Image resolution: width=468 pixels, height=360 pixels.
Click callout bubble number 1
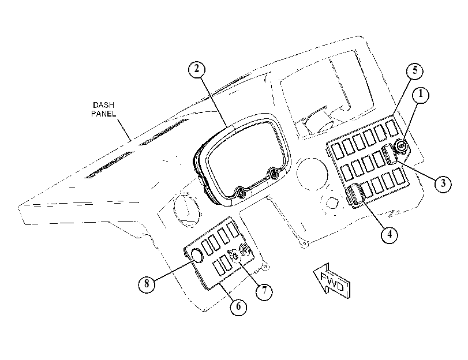(421, 95)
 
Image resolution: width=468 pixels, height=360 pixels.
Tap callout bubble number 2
(197, 69)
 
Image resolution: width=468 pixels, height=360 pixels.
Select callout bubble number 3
(443, 183)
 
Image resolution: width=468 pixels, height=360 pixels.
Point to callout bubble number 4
(390, 235)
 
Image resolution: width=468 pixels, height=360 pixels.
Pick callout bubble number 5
(415, 71)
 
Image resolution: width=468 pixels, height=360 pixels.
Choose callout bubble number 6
(238, 306)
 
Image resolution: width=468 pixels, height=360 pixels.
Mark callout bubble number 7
(264, 291)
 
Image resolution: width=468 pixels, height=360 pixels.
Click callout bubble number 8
(147, 284)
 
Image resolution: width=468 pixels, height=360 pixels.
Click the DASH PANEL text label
(103, 109)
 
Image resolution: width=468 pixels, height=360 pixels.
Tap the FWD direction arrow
(332, 281)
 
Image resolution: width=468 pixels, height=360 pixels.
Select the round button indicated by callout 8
(197, 255)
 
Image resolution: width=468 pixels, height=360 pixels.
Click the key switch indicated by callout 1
(401, 146)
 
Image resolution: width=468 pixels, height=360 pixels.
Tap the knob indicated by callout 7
(235, 256)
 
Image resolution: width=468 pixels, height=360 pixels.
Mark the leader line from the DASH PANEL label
(125, 130)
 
